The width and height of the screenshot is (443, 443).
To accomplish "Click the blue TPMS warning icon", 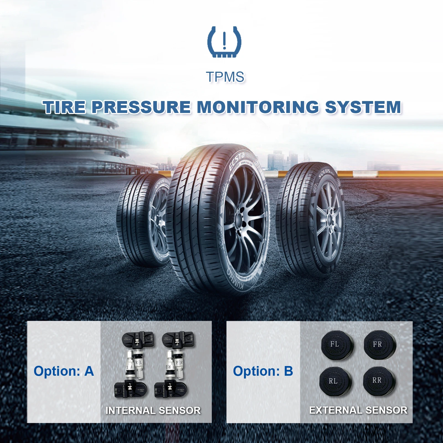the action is [224, 42].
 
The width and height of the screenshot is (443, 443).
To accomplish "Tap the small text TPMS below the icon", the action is [225, 77].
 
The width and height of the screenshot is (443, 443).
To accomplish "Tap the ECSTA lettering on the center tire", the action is [237, 161].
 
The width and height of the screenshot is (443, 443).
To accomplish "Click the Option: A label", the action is [64, 371].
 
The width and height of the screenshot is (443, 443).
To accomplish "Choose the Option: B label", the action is [263, 371].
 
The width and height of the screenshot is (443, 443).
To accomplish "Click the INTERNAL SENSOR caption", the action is [153, 410].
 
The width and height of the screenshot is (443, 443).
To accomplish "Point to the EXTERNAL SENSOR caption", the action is [358, 410].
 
